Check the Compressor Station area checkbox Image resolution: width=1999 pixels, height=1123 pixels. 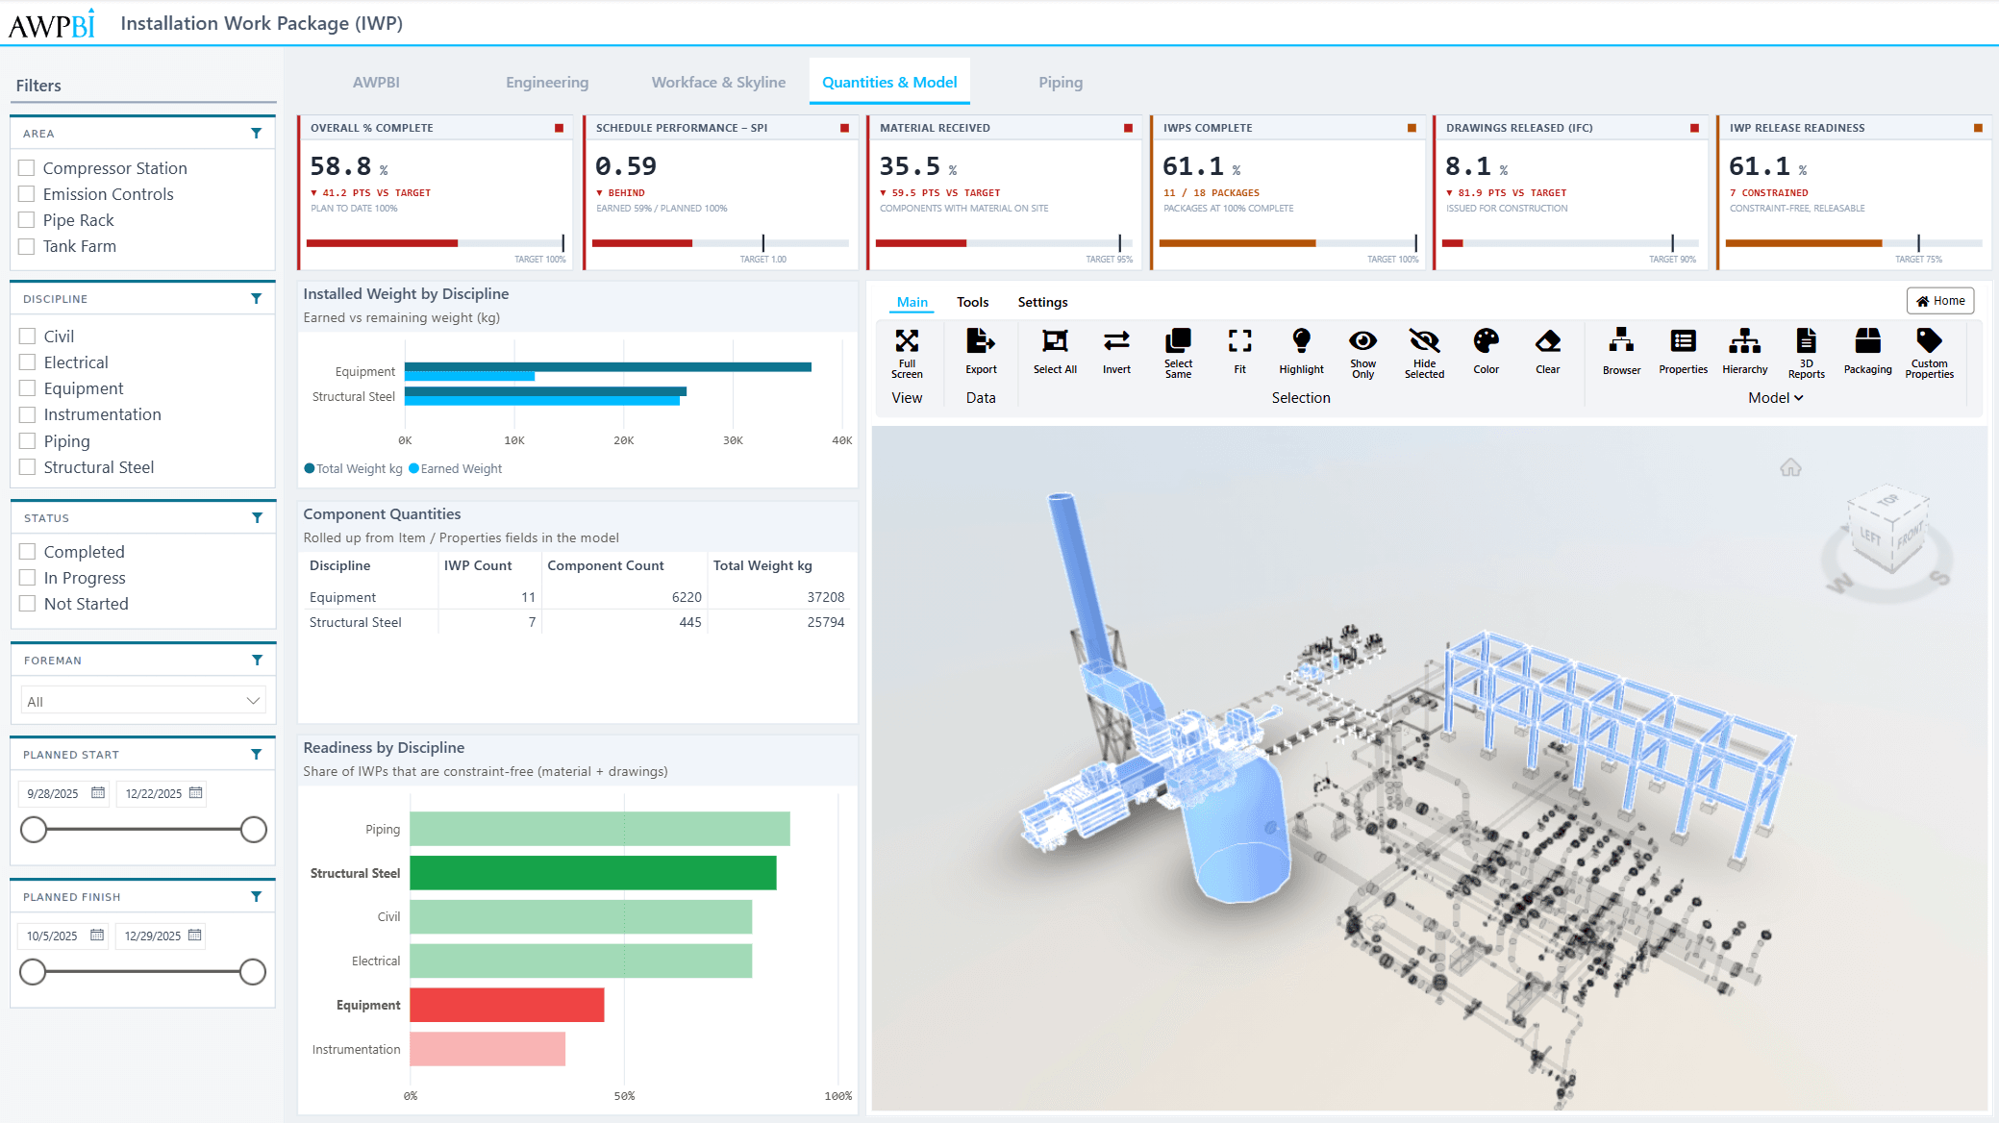click(x=27, y=168)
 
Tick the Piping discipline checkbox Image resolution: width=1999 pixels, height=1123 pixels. click(x=28, y=441)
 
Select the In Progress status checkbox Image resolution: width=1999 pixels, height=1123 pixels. click(x=28, y=578)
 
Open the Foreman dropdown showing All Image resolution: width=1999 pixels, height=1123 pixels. click(x=143, y=701)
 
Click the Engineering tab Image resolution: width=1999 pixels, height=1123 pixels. click(x=547, y=83)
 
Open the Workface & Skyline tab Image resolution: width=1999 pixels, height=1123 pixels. click(x=718, y=83)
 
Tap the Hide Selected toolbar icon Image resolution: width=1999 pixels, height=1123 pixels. click(x=1424, y=341)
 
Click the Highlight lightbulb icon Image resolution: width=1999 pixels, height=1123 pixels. click(x=1301, y=340)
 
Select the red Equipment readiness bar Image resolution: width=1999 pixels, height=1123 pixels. click(x=507, y=1005)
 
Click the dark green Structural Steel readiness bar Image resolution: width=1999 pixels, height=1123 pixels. click(x=593, y=873)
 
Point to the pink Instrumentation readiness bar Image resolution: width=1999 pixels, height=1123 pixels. click(x=487, y=1049)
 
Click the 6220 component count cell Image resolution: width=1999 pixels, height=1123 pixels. click(x=687, y=597)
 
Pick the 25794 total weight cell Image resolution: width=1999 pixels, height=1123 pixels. click(x=826, y=622)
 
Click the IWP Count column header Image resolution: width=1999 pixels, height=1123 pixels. click(x=478, y=565)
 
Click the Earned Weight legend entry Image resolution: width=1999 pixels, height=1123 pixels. click(x=456, y=468)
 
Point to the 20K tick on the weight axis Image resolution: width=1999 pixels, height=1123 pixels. click(x=624, y=440)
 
